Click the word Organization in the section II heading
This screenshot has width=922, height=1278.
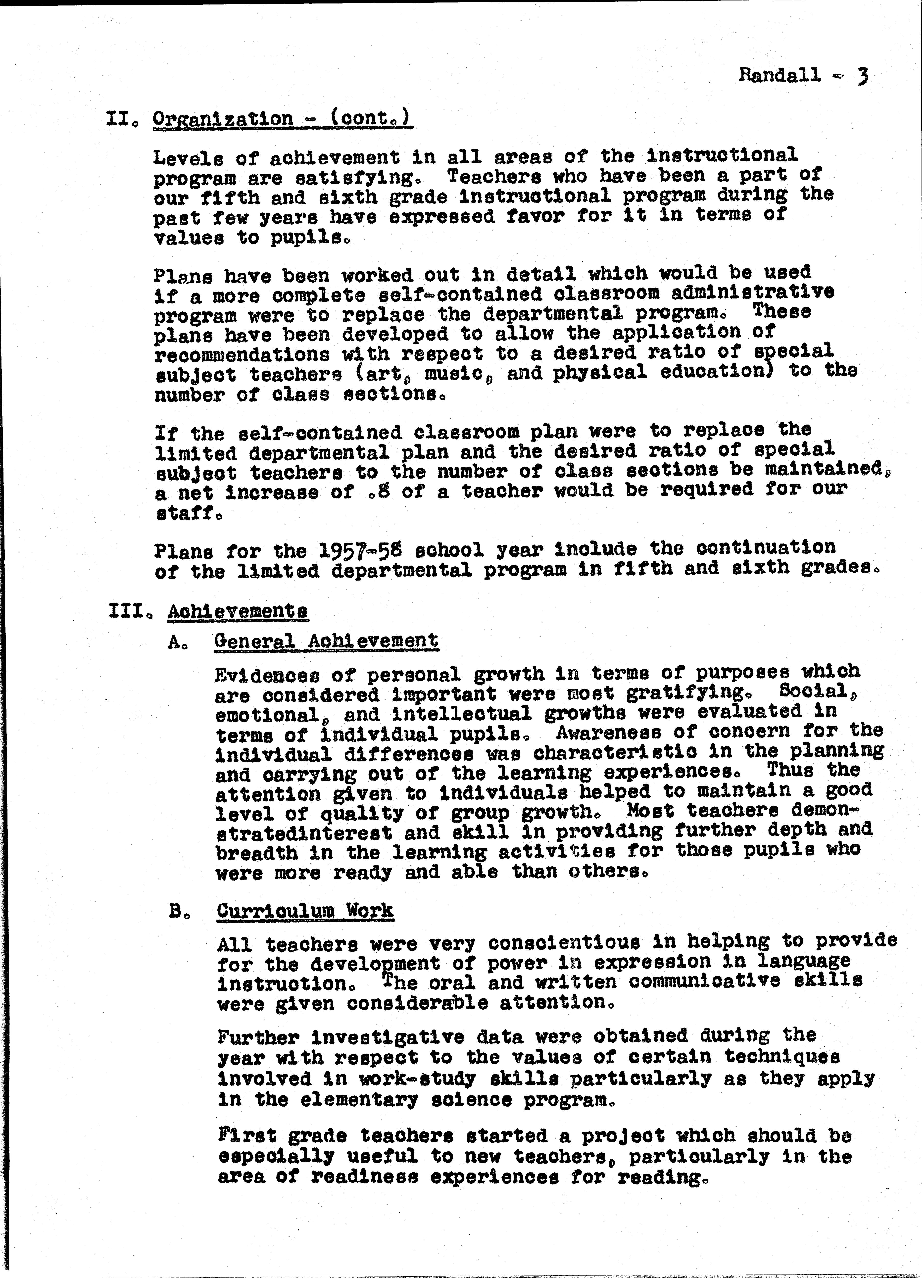click(x=223, y=119)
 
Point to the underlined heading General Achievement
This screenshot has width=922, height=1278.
click(x=326, y=641)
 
